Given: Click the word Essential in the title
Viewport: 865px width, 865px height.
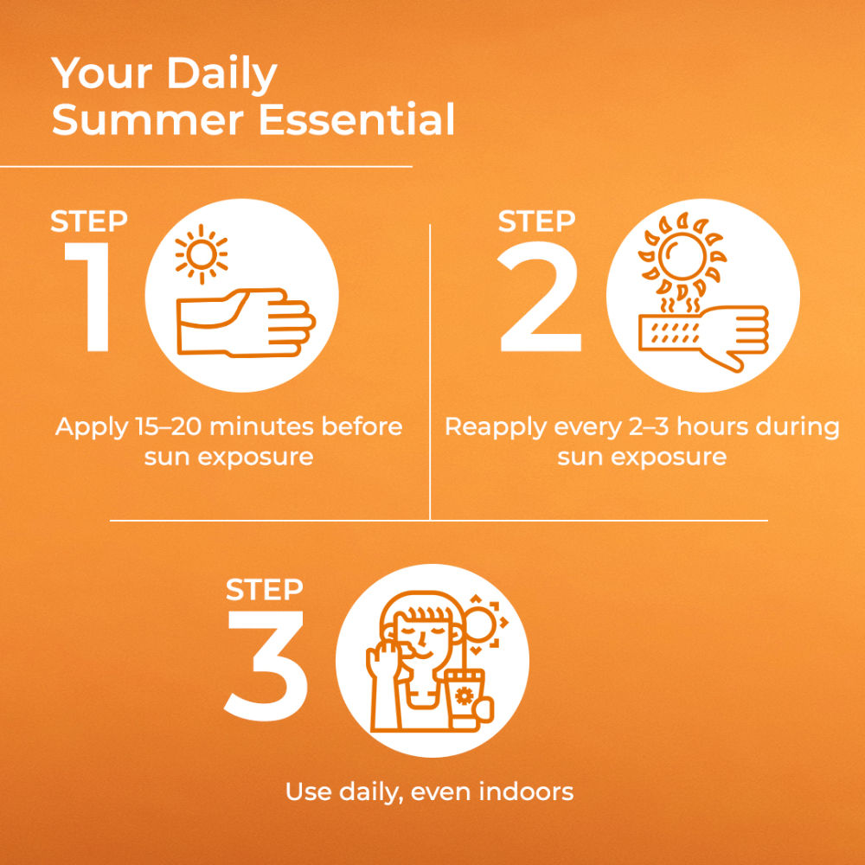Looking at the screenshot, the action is pyautogui.click(x=356, y=119).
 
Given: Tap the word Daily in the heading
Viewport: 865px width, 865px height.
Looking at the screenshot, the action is pyautogui.click(x=221, y=74).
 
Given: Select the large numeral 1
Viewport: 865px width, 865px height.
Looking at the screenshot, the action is pyautogui.click(x=89, y=297).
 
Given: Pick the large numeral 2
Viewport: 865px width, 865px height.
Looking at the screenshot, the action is pyautogui.click(x=539, y=297).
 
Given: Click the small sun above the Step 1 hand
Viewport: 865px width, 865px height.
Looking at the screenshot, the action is pyautogui.click(x=202, y=254).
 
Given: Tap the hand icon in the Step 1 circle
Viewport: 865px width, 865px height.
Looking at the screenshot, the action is pyautogui.click(x=246, y=322).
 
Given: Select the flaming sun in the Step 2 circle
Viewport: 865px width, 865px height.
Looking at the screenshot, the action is pyautogui.click(x=682, y=255).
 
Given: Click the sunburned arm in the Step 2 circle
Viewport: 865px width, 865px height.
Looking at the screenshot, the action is pyautogui.click(x=703, y=336).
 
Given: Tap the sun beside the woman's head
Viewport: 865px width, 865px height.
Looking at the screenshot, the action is pyautogui.click(x=480, y=624).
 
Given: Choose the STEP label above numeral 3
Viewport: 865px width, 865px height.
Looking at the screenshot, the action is pyautogui.click(x=264, y=590).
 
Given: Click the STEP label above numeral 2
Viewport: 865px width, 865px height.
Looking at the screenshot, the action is pyautogui.click(x=536, y=221).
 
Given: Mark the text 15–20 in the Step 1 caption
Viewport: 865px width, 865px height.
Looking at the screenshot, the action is pyautogui.click(x=169, y=427).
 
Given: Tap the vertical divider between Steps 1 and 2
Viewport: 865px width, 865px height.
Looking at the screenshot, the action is pyautogui.click(x=430, y=372).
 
